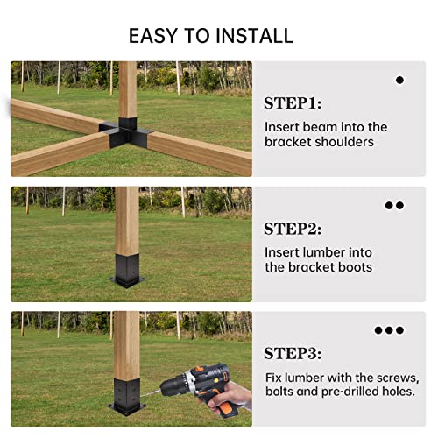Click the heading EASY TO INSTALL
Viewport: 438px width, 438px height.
pyautogui.click(x=211, y=36)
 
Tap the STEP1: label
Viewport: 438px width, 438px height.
pyautogui.click(x=293, y=103)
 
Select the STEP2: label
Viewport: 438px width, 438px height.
pyautogui.click(x=293, y=230)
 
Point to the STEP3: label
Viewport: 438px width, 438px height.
pyautogui.click(x=293, y=354)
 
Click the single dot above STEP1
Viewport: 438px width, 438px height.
pyautogui.click(x=399, y=80)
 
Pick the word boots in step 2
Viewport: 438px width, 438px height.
pyautogui.click(x=354, y=267)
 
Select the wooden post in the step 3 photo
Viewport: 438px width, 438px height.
pyautogui.click(x=127, y=342)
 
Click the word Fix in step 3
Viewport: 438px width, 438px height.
pyautogui.click(x=274, y=378)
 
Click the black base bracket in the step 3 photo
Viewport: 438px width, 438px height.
pyautogui.click(x=127, y=394)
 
